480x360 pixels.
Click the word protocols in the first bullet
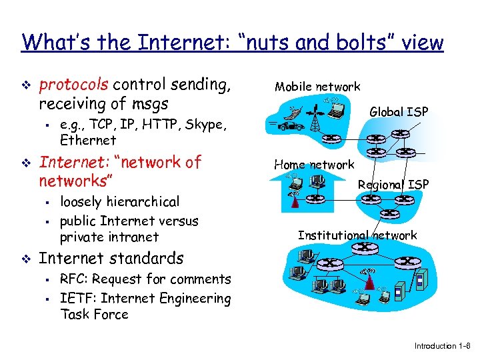coord(73,85)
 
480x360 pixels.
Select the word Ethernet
coord(88,140)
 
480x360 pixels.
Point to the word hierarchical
coord(139,201)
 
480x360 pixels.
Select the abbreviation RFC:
coord(73,279)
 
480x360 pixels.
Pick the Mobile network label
coord(317,86)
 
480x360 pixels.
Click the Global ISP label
coord(399,111)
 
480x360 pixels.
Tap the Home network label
coord(314,164)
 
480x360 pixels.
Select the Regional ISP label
coord(393,184)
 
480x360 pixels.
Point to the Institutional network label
coord(357,235)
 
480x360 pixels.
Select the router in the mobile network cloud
coord(331,139)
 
